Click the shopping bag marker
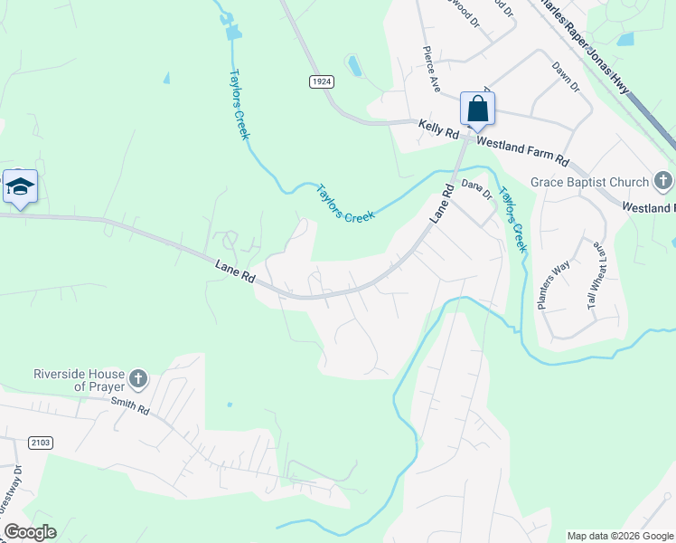pyautogui.click(x=477, y=109)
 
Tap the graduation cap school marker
pyautogui.click(x=20, y=186)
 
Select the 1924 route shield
pyautogui.click(x=320, y=81)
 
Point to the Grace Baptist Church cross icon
pyautogui.click(x=663, y=182)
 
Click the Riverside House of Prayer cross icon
pyautogui.click(x=137, y=378)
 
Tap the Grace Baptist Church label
pyautogui.click(x=590, y=182)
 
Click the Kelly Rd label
pyautogui.click(x=439, y=130)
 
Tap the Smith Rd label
pyautogui.click(x=131, y=407)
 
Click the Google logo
pyautogui.click(x=30, y=532)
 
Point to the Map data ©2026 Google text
pyautogui.click(x=619, y=536)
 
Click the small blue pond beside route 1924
pyautogui.click(x=353, y=65)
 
